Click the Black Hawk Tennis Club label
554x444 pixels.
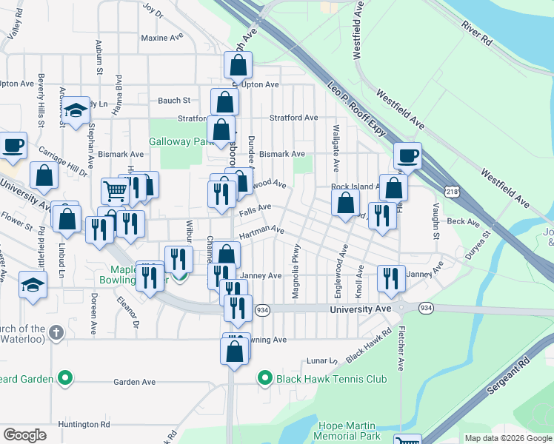[331, 379]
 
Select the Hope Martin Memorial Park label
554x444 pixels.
[347, 431]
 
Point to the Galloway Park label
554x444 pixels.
[181, 141]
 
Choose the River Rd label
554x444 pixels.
[476, 35]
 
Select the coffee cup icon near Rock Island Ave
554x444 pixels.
[407, 156]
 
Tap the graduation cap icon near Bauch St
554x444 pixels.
[75, 110]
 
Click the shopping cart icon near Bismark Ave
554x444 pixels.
[115, 191]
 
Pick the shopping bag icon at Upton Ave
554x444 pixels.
[238, 66]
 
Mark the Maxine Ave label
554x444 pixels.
[161, 37]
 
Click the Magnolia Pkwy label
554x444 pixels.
[296, 272]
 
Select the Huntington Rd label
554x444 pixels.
[85, 424]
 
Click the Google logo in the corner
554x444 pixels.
[24, 435]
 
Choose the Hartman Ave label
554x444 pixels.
[261, 231]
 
